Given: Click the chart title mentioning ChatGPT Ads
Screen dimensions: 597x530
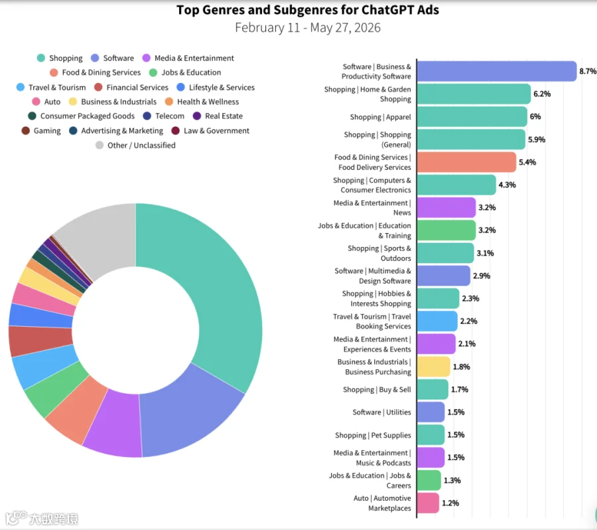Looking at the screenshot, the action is coord(308,10).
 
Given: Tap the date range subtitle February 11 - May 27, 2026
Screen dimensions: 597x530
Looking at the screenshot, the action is coord(308,28).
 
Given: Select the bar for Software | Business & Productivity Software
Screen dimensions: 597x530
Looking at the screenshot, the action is coord(497,71).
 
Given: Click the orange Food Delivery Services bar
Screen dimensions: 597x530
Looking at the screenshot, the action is coord(466,162).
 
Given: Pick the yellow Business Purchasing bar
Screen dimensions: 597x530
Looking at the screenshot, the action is coord(434,367).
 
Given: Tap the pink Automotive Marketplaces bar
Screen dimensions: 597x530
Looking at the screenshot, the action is coord(428,503).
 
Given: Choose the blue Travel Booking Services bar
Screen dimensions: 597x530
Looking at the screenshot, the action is coord(437,321).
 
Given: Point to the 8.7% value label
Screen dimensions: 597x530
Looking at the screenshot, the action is coord(588,71).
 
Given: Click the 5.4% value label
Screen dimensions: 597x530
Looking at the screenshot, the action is coord(527,162).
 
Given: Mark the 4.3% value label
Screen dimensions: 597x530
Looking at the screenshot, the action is coord(507,185).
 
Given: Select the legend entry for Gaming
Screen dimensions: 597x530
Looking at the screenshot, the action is coord(41,131).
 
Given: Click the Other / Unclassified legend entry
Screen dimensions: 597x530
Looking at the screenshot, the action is coord(135,145).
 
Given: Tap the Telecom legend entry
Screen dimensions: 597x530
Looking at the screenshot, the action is coord(164,116).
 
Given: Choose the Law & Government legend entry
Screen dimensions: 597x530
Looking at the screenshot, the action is coord(210,131).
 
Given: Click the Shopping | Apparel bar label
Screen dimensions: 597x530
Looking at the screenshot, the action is coord(381,117).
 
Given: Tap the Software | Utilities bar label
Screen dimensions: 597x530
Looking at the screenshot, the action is coord(382,412).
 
